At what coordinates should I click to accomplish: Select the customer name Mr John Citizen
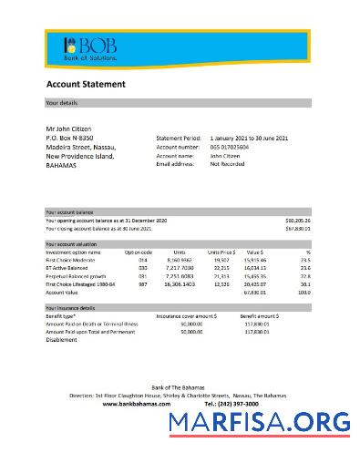point(68,129)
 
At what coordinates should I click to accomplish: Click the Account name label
point(175,156)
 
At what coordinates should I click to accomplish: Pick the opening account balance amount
point(298,221)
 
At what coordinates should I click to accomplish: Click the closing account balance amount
point(298,229)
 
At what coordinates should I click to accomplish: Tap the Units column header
point(180,252)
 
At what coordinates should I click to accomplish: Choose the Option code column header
point(138,252)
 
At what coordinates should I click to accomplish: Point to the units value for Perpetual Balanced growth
point(180,276)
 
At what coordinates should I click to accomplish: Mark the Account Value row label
point(62,293)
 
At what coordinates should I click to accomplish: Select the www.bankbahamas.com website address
point(137,403)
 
